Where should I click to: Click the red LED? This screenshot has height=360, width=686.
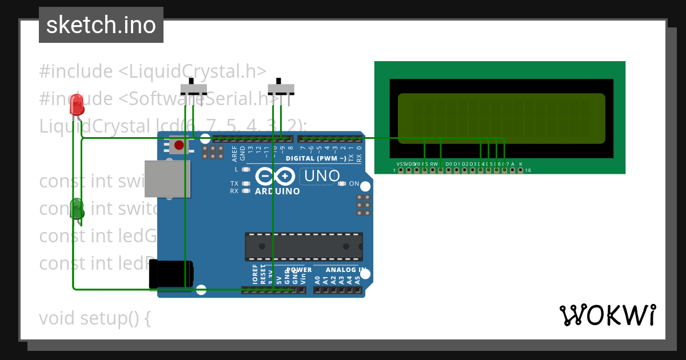[77, 105]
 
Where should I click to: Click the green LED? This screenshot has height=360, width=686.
[77, 208]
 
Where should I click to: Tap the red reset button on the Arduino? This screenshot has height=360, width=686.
[179, 145]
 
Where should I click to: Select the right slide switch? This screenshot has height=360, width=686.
[281, 89]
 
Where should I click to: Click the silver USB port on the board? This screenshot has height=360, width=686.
[167, 179]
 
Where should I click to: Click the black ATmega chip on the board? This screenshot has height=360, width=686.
[304, 246]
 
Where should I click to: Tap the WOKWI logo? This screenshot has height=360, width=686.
[608, 315]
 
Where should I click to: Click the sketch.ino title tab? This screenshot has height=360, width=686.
[101, 25]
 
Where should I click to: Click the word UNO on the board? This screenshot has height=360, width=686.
[322, 177]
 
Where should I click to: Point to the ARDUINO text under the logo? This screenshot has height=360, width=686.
[277, 191]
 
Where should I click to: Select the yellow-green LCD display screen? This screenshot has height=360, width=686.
[501, 118]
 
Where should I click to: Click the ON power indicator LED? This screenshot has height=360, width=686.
[342, 183]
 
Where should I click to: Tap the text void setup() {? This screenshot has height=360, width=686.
[95, 318]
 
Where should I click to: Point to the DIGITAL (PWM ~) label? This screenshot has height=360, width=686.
[316, 158]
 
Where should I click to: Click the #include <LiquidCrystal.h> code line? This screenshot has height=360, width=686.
[153, 71]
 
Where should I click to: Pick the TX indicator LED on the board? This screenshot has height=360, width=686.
[246, 183]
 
